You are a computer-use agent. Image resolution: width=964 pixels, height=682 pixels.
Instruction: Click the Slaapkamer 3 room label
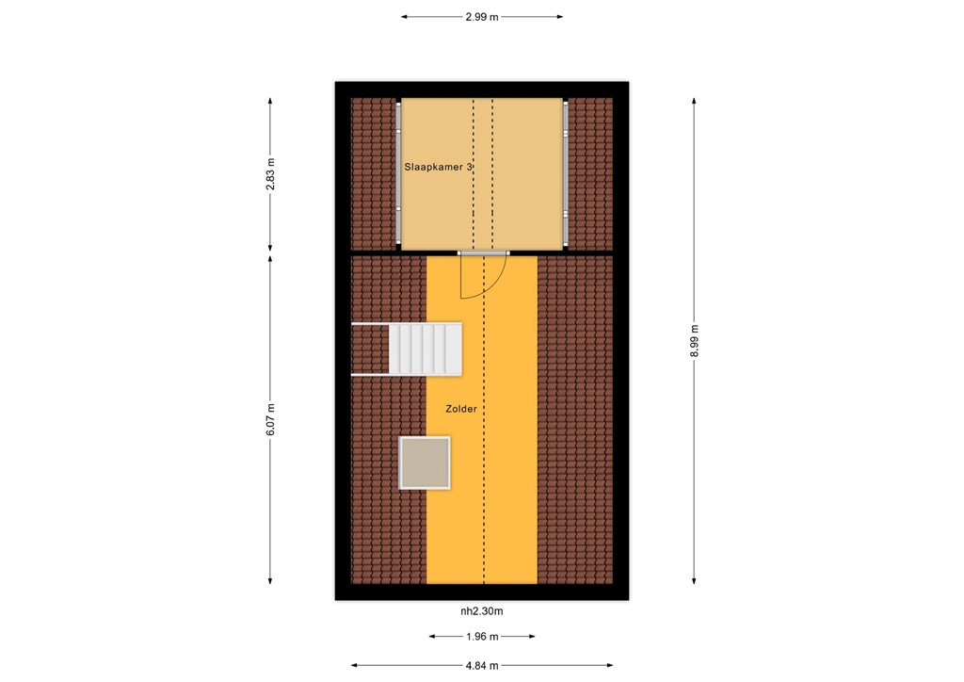tap(438, 167)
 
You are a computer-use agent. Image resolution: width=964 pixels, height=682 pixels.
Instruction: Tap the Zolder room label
tap(461, 409)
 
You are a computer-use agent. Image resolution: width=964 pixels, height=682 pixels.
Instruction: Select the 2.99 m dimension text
tap(482, 17)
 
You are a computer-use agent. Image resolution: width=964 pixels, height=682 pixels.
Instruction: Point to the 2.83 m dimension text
tap(270, 174)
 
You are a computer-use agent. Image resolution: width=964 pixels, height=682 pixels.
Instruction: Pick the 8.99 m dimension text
tap(695, 341)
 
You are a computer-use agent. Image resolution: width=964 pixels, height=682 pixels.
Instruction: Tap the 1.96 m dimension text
tap(482, 637)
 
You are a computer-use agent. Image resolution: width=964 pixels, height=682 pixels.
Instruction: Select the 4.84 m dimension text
tap(482, 665)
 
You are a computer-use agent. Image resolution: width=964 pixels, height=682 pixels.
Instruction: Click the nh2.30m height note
tap(481, 610)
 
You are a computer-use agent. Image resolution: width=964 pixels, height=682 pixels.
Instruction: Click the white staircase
tap(426, 349)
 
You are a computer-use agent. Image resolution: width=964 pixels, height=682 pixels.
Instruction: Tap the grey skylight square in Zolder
tap(425, 463)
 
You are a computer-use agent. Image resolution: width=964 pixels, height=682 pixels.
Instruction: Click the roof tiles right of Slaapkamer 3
tap(590, 174)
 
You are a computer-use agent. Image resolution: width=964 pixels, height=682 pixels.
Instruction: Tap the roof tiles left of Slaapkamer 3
tap(375, 174)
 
